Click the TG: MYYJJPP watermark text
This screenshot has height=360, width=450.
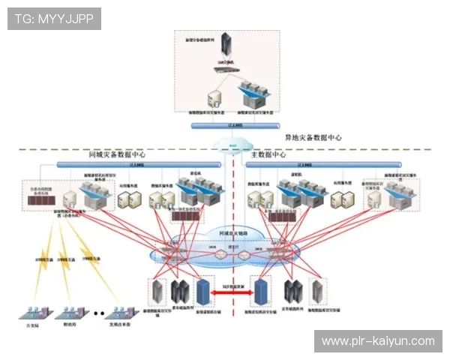point(54,18)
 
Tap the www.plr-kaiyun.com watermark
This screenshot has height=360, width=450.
point(378,340)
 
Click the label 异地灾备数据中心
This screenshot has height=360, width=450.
point(313,138)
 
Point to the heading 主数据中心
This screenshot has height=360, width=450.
point(268,154)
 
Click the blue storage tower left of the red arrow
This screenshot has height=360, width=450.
point(201,290)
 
